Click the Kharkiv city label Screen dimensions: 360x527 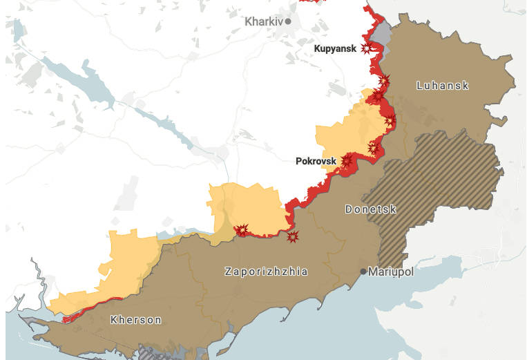(264, 21)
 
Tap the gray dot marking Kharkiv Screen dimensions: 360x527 (289, 21)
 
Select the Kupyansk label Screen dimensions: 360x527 (335, 48)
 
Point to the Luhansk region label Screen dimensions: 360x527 (443, 86)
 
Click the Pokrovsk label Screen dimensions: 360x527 (316, 161)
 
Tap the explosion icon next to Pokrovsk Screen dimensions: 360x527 (346, 161)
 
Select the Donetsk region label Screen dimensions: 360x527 (370, 209)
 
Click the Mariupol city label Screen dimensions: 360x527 (391, 272)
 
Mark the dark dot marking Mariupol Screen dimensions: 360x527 (363, 272)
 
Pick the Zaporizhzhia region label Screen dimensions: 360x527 (266, 272)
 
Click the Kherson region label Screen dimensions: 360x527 (136, 320)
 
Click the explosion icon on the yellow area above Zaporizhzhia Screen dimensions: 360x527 (242, 229)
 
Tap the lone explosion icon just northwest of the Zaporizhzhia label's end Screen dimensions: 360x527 (293, 237)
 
